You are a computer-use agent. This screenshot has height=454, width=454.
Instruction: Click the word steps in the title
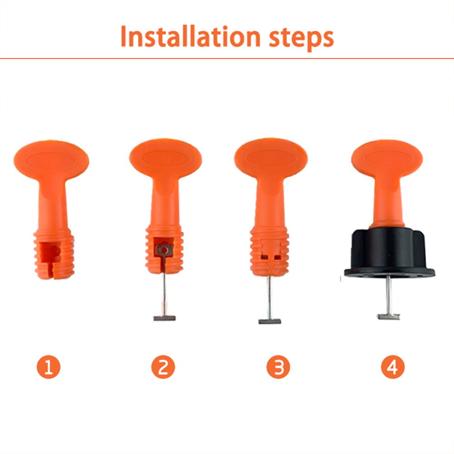300,39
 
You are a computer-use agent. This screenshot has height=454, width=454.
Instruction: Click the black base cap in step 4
389,254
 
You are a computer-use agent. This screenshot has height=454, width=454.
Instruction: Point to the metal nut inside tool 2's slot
164,249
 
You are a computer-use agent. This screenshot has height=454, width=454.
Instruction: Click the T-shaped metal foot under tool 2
164,318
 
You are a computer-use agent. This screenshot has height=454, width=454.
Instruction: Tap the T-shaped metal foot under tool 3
270,321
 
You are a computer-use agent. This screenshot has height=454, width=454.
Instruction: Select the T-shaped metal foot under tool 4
389,317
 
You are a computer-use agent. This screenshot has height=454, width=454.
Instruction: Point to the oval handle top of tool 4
386,158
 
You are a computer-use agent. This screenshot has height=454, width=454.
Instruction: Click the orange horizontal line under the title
227,58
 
